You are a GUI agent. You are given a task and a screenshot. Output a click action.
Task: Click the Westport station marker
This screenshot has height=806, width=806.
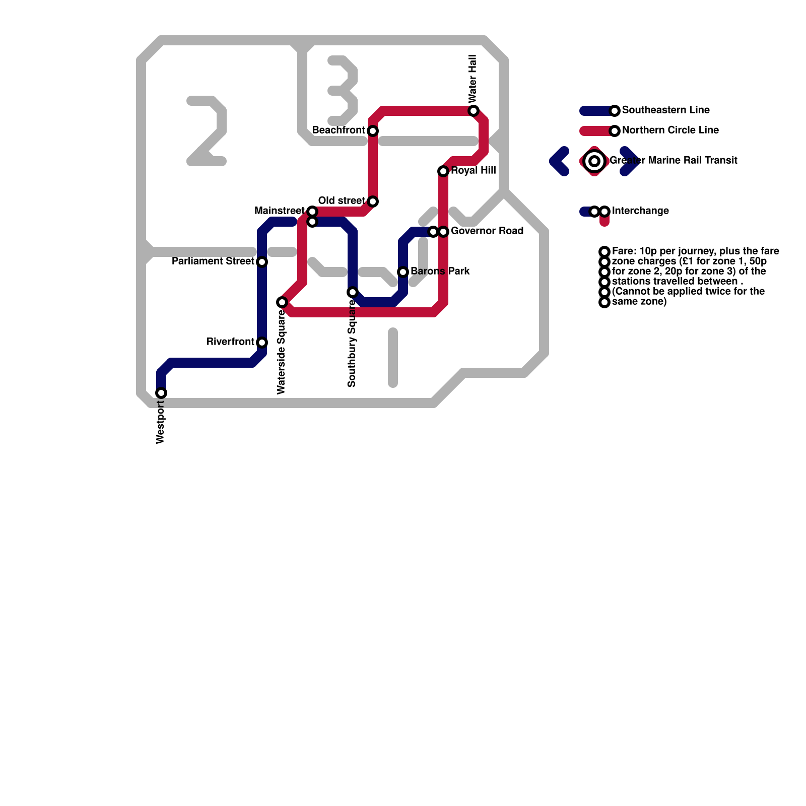coord(161,393)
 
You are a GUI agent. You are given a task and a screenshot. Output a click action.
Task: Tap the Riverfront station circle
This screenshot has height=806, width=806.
coord(262,343)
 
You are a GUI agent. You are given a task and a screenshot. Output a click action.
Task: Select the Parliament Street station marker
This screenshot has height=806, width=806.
coord(262,262)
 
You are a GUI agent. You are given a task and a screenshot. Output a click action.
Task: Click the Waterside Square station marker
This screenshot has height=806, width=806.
coord(282,302)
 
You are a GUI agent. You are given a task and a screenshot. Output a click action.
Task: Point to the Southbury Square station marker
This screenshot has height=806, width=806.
coord(353,292)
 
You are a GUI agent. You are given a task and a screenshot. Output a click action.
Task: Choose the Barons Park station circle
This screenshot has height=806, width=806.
coord(403,272)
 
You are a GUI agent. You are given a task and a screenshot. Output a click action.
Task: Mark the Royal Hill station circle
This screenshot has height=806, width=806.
coord(443,171)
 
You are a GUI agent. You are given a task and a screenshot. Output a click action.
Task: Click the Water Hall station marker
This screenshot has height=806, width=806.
coord(474,111)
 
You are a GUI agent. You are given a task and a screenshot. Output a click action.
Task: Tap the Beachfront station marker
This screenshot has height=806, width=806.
coord(373,131)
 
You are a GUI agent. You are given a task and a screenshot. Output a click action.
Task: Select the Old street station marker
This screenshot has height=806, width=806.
coord(373,201)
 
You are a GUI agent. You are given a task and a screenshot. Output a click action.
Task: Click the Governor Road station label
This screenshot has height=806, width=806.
coord(487,231)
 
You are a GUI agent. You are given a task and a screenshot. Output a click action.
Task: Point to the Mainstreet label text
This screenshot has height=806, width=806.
coord(279,211)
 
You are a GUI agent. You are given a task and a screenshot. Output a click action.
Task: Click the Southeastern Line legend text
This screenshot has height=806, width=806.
coord(665,110)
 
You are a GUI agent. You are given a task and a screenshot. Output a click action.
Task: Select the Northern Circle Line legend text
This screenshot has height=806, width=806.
coord(670,130)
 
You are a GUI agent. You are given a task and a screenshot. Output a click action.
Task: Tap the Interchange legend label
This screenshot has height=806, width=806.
coord(640,211)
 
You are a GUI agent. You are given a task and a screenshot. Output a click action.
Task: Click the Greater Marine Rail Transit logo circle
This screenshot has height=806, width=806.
coord(594,161)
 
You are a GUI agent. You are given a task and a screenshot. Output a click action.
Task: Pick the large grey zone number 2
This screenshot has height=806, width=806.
coord(208,131)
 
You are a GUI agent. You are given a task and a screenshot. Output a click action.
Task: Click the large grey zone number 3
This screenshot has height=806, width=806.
coord(344,91)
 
